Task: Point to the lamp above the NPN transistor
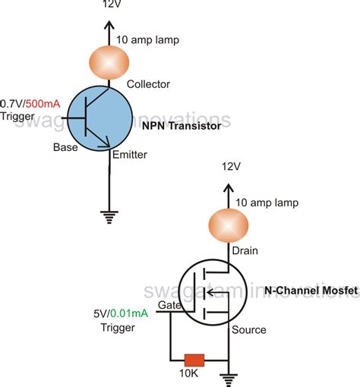pyautogui.click(x=110, y=61)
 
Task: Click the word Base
pyautogui.click(x=65, y=147)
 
